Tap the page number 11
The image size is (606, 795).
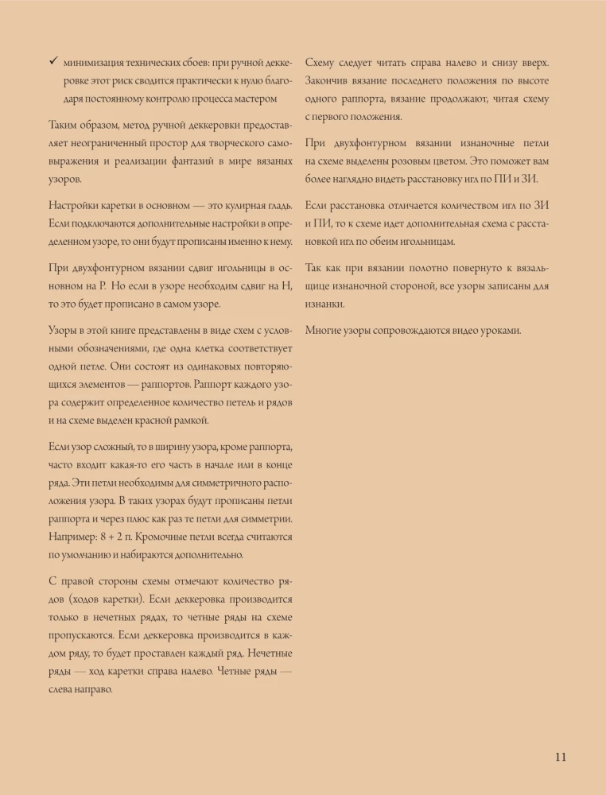click(560, 756)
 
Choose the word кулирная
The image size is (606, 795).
click(238, 206)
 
